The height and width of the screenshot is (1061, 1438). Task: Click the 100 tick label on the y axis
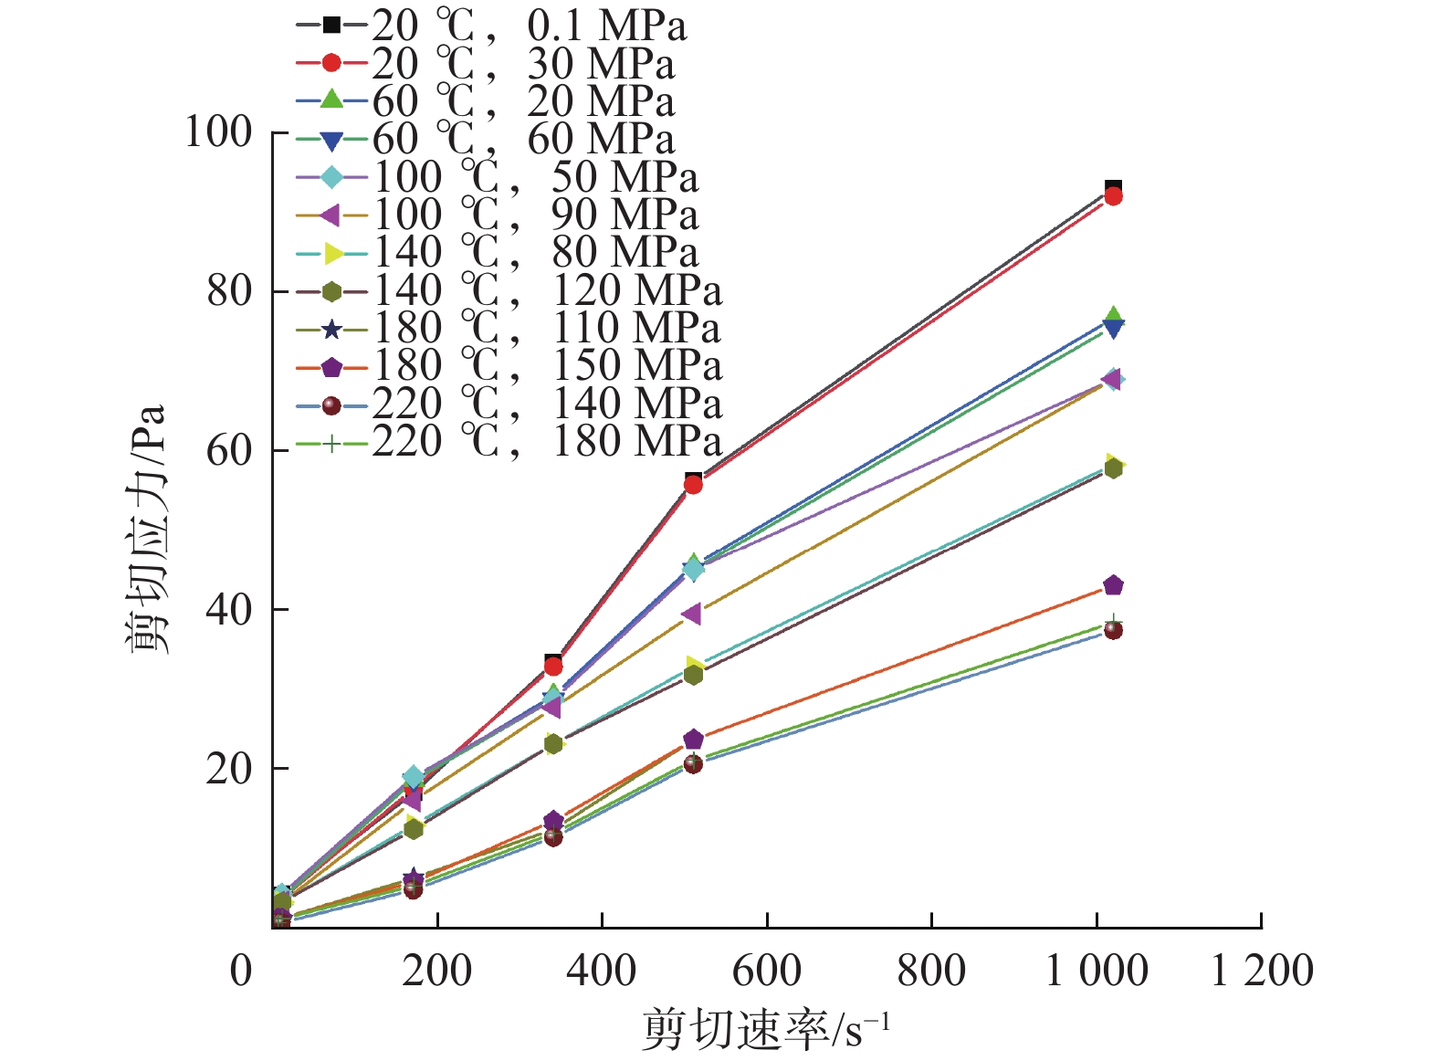218,132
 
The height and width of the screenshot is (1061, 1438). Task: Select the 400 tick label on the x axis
602,971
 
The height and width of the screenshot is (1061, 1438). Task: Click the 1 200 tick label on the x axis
1262,971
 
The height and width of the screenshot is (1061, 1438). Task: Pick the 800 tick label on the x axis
931,971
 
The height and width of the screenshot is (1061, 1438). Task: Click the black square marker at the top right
1113,188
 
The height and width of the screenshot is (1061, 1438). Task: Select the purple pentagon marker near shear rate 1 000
1113,585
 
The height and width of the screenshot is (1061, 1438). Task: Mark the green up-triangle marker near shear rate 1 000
1113,316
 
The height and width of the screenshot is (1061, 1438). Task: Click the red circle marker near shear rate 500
693,485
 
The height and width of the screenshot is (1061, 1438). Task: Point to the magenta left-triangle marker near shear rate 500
692,614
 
